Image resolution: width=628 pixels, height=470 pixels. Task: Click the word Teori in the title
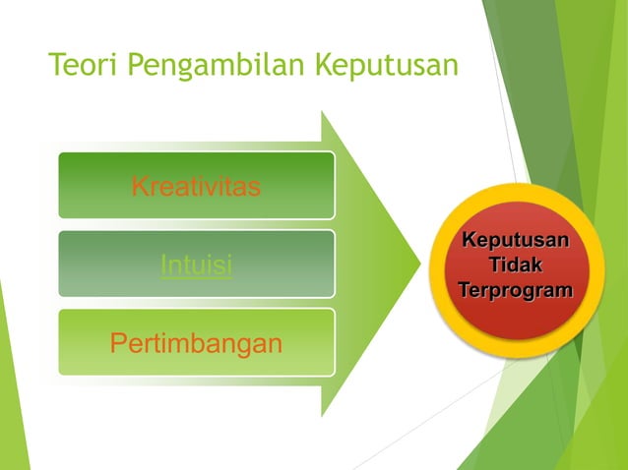pyautogui.click(x=82, y=67)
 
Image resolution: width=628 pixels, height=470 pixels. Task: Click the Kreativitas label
pyautogui.click(x=196, y=186)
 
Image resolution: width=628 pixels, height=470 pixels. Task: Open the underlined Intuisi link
pyautogui.click(x=196, y=265)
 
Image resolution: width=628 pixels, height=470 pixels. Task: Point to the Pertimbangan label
pyautogui.click(x=196, y=344)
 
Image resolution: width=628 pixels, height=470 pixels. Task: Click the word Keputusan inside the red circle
pyautogui.click(x=516, y=241)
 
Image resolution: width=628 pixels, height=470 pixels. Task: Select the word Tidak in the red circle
pyautogui.click(x=516, y=266)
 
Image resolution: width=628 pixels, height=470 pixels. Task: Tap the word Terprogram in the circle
pyautogui.click(x=516, y=292)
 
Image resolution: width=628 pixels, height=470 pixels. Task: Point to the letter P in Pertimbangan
pyautogui.click(x=118, y=344)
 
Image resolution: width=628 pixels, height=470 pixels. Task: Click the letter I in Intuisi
pyautogui.click(x=162, y=265)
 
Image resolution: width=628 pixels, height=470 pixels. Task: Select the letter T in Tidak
pyautogui.click(x=495, y=266)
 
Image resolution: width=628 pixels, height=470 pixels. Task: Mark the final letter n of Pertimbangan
pyautogui.click(x=275, y=344)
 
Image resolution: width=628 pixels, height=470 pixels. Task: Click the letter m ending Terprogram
pyautogui.click(x=564, y=292)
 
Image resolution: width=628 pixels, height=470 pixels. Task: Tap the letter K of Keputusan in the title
pyautogui.click(x=323, y=67)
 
